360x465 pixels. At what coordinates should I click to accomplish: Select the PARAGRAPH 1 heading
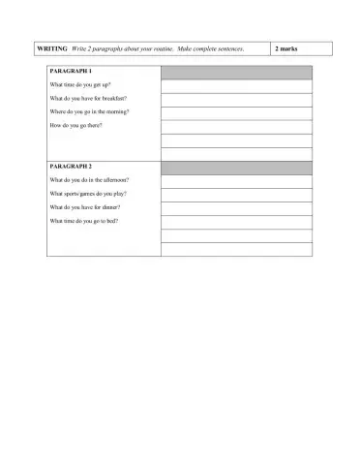71,72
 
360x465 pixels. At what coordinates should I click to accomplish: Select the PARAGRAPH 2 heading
71,167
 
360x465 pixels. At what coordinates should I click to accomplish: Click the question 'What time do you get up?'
80,85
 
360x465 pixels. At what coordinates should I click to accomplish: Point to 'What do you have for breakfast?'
88,99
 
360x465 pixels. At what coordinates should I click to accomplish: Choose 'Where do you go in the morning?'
89,112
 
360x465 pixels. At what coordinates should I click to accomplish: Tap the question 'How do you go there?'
75,126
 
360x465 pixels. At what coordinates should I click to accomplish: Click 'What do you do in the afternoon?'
89,180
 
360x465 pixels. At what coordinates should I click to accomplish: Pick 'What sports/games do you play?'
88,194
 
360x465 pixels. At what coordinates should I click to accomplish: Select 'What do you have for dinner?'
85,207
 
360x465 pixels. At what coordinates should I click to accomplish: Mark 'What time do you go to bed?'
83,221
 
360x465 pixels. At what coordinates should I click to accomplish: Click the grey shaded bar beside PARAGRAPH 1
236,73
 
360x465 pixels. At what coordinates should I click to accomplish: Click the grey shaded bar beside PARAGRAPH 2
236,168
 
